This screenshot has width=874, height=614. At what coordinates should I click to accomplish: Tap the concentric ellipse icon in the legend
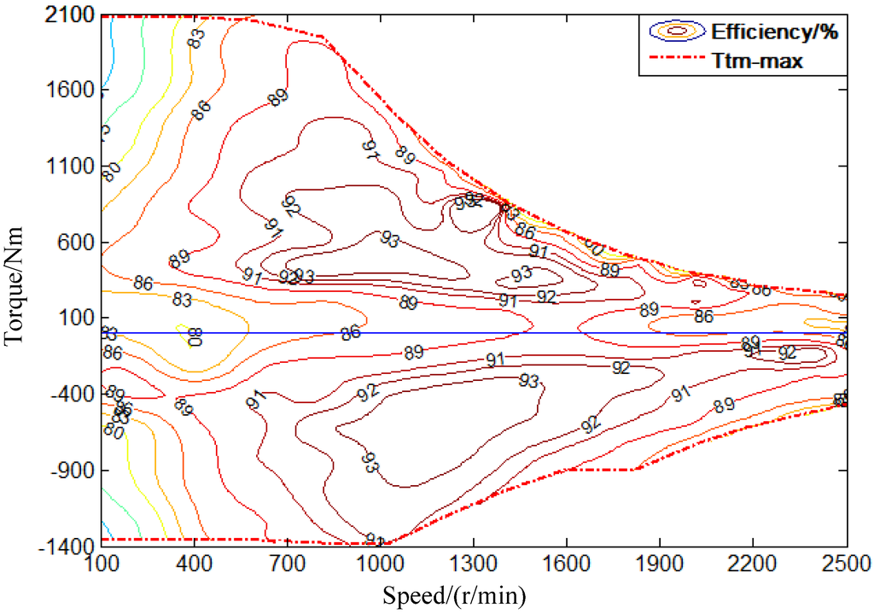pyautogui.click(x=677, y=32)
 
